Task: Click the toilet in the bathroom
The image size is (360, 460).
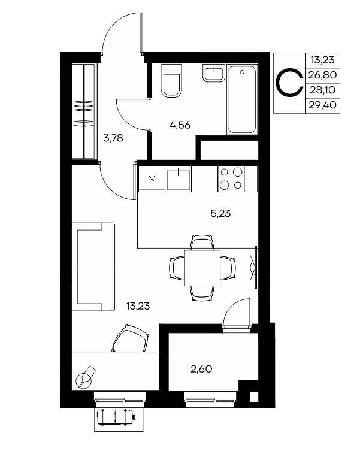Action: [171, 80]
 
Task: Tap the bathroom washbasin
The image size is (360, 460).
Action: [214, 72]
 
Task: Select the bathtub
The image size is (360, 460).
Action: [242, 100]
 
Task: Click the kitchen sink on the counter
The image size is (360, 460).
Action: [178, 178]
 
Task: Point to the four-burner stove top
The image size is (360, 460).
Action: [231, 178]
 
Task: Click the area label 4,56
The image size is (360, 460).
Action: [180, 125]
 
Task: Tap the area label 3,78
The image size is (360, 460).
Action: [113, 138]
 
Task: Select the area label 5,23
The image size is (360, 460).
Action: [220, 214]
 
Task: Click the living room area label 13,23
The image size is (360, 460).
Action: [138, 306]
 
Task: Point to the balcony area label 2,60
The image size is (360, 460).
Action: [201, 369]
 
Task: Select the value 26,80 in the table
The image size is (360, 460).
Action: [322, 75]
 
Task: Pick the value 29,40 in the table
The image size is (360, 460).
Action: [322, 105]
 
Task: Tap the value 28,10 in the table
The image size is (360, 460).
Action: [322, 90]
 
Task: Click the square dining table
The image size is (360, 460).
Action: [202, 268]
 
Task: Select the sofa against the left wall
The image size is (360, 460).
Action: [93, 267]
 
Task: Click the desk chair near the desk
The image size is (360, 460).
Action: [130, 338]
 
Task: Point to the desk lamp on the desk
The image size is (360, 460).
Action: [86, 377]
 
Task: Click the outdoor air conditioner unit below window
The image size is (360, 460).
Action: [116, 417]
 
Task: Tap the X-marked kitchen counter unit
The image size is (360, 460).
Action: [152, 178]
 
